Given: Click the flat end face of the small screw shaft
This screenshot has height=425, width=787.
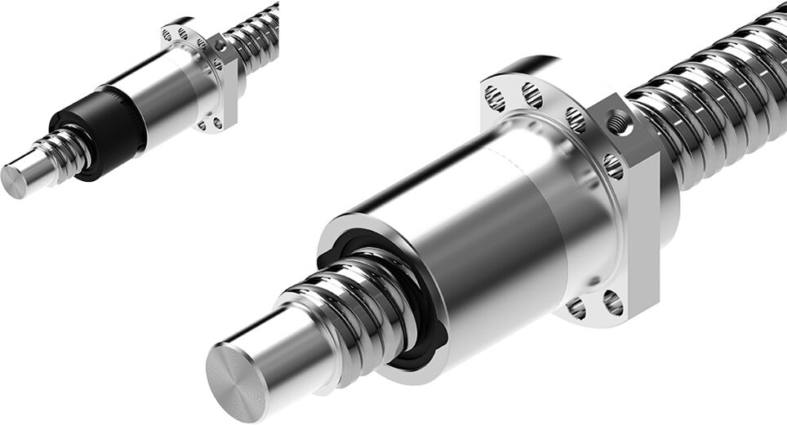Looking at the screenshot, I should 14,181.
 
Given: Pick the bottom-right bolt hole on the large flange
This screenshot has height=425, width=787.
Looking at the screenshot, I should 612,303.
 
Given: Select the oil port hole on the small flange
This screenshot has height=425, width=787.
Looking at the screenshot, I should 220,46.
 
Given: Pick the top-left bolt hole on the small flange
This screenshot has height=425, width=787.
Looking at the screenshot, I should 167,34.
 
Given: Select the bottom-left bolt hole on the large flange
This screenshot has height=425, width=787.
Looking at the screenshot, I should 576,308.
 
